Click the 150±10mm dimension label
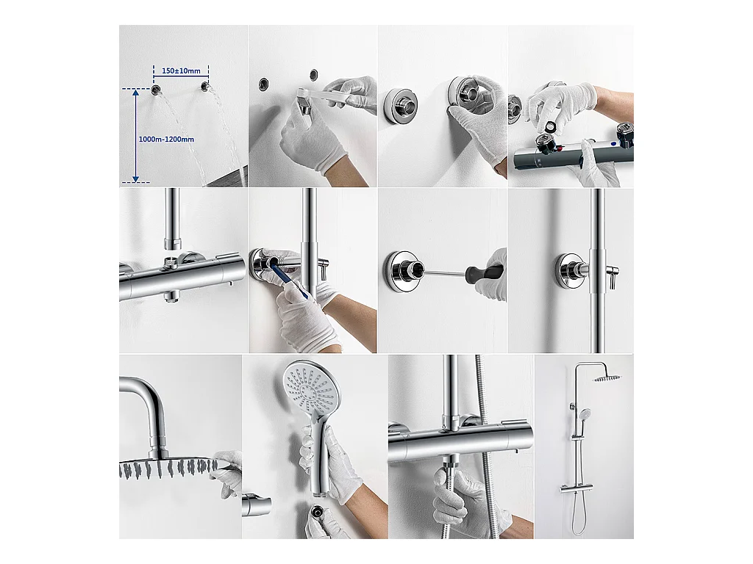[x=181, y=71]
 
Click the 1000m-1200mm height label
[x=166, y=139]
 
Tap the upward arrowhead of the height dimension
[x=136, y=93]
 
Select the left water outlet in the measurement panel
[x=156, y=89]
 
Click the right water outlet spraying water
[x=205, y=87]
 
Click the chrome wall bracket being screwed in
[x=404, y=270]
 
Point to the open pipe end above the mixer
[x=172, y=245]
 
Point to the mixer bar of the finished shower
[x=574, y=490]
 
